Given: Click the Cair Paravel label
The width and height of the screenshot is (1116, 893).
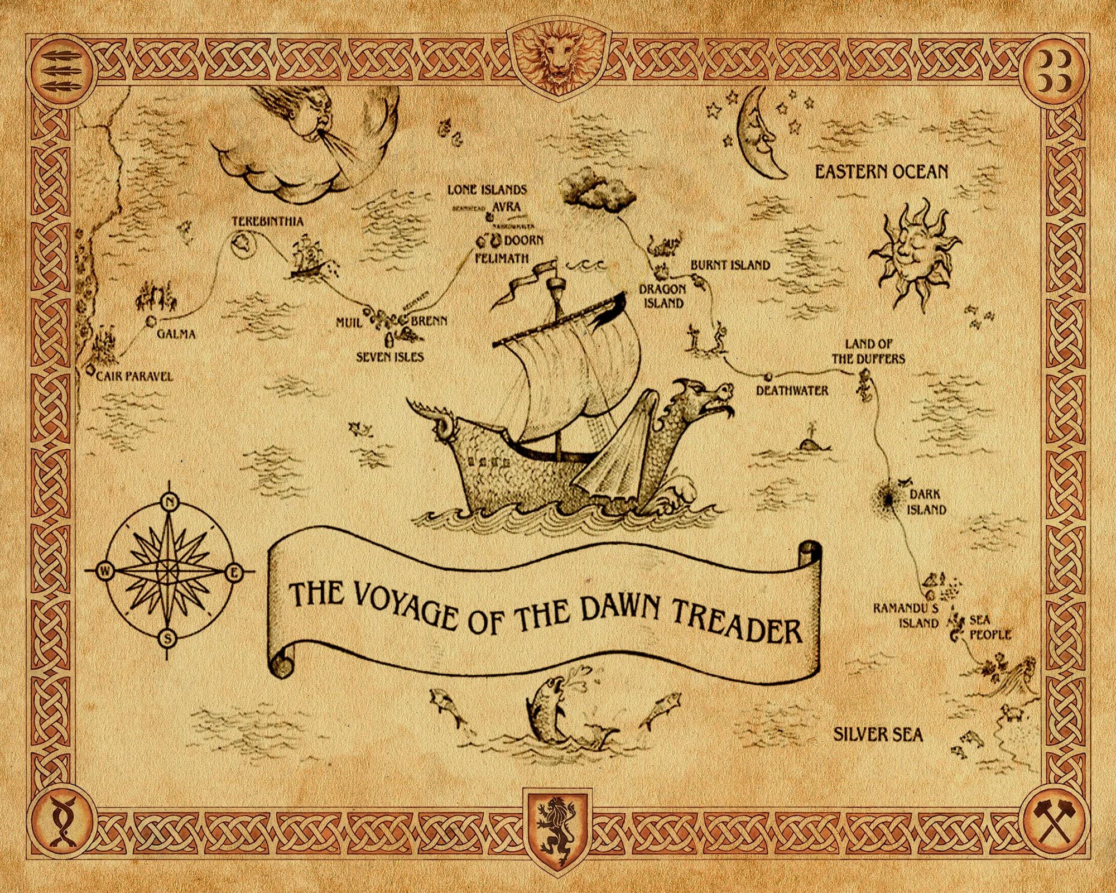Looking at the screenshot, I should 134,376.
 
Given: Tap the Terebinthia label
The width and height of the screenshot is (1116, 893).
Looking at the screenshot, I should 268,222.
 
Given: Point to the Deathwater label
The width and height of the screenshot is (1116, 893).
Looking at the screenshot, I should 792,390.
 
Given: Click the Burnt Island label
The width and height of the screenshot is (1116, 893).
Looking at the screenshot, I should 730,265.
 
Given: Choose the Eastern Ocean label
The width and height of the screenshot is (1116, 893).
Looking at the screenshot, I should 881,171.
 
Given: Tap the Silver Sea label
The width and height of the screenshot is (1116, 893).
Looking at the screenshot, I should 878,734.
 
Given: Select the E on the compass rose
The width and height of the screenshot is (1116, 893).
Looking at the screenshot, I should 233,572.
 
